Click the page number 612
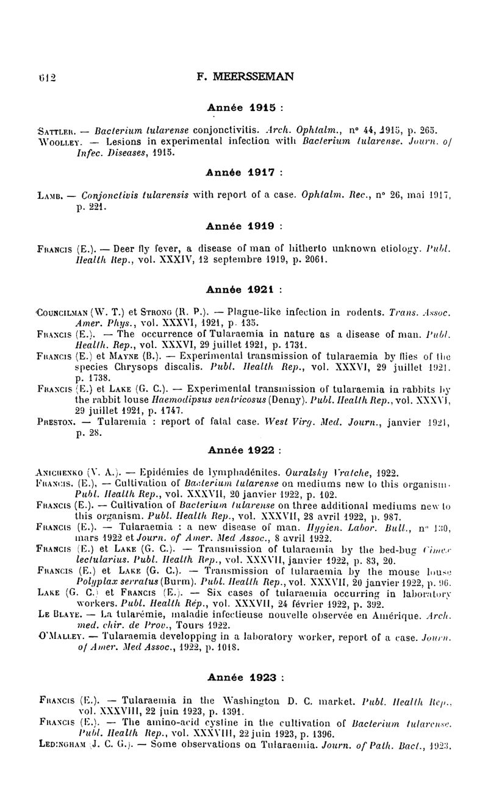(46, 78)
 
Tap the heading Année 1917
(243, 173)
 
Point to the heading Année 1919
(243, 226)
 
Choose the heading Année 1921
(243, 289)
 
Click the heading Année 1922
(243, 451)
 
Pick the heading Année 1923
(243, 677)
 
